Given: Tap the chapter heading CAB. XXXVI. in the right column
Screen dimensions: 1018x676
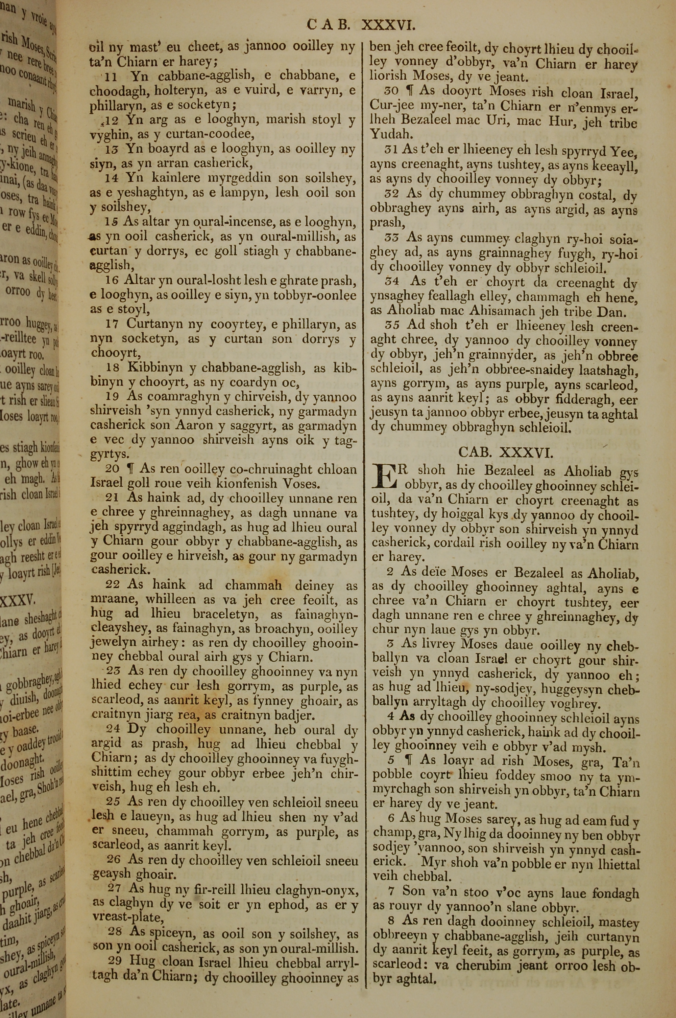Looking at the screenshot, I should point(505,452).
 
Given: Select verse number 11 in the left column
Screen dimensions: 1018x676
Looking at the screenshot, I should point(111,77).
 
